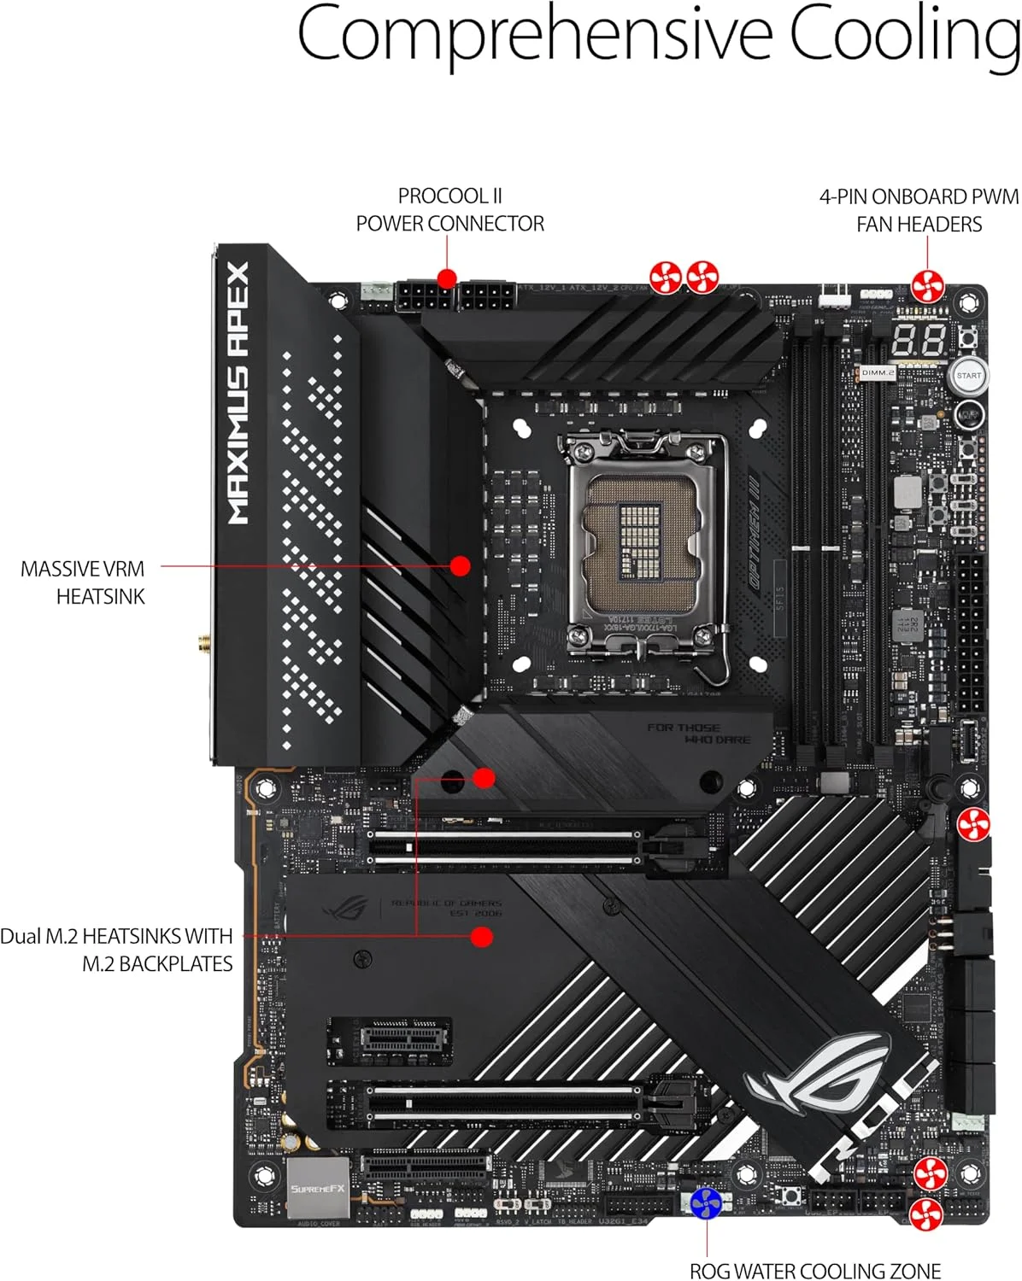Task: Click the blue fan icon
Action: coord(706,1203)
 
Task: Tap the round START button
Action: coord(968,376)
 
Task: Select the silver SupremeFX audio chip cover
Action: coord(317,1188)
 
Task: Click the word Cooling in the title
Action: coord(904,36)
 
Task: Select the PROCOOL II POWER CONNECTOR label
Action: coord(449,210)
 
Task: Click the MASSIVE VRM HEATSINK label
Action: coord(83,582)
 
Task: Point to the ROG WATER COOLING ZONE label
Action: coord(814,1271)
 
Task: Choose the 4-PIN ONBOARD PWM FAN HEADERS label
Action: coord(919,210)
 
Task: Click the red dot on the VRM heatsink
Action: coord(460,565)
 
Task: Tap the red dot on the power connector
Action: coord(446,278)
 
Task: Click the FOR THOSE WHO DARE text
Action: coord(698,734)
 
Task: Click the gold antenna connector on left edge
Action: coord(204,641)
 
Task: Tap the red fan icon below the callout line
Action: coord(928,286)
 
